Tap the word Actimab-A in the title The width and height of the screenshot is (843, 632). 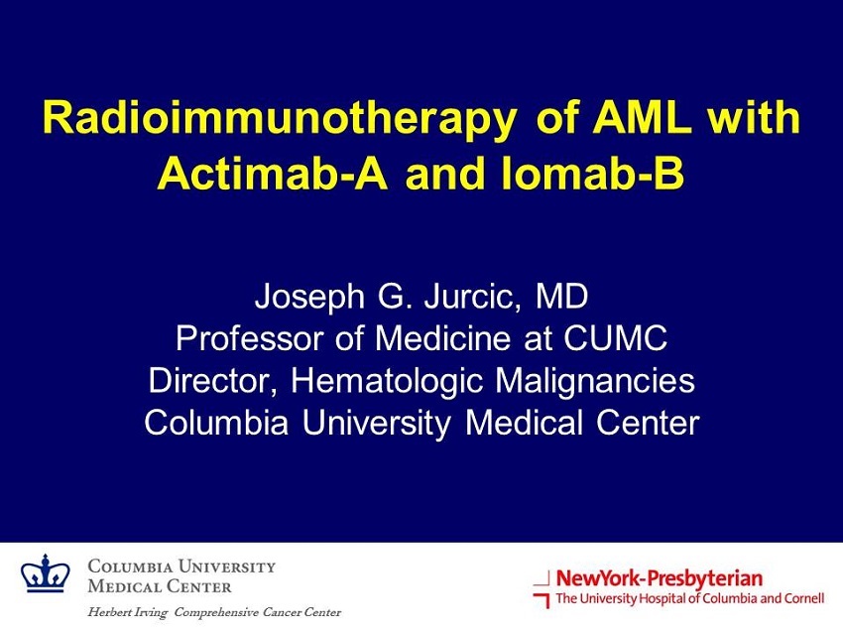pos(273,174)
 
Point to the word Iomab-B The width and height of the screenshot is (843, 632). pos(592,174)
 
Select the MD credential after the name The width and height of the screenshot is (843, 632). pos(561,296)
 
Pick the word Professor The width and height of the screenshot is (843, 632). pos(250,338)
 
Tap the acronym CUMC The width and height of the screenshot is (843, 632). pos(615,338)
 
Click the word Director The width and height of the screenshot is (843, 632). pos(213,381)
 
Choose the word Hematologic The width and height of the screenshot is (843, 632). pos(387,382)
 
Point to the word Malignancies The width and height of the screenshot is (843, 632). pos(595,382)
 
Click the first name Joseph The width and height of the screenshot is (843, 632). pos(309,298)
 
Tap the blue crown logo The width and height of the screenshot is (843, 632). pos(46,573)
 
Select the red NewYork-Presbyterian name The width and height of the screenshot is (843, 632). pos(660,578)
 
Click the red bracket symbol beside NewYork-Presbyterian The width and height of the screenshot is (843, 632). pos(542,590)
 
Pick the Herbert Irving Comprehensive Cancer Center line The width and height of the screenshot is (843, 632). pos(214,612)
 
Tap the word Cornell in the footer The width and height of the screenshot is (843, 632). pos(802,598)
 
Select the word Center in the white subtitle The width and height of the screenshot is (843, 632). pos(648,423)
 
